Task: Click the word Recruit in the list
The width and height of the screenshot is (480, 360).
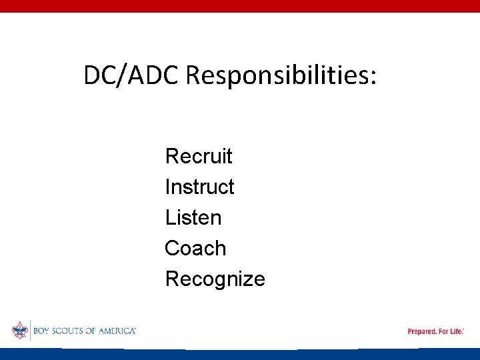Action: click(x=199, y=157)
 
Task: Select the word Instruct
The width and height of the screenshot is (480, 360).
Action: click(x=199, y=187)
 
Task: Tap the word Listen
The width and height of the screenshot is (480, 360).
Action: click(x=193, y=218)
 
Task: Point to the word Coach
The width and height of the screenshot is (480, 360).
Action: click(x=195, y=249)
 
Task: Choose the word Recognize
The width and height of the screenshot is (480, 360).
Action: click(x=215, y=279)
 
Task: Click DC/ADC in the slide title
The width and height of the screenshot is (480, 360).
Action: click(x=131, y=76)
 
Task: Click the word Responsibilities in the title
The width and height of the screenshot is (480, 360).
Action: click(x=276, y=77)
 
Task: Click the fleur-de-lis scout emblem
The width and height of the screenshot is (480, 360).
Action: click(x=19, y=330)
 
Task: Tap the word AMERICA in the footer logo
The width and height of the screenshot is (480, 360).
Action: click(x=117, y=331)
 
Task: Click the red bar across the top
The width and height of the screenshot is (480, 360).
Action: click(x=240, y=6)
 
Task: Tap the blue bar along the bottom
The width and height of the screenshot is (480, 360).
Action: click(x=240, y=354)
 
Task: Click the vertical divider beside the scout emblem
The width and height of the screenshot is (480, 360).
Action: click(x=30, y=330)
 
